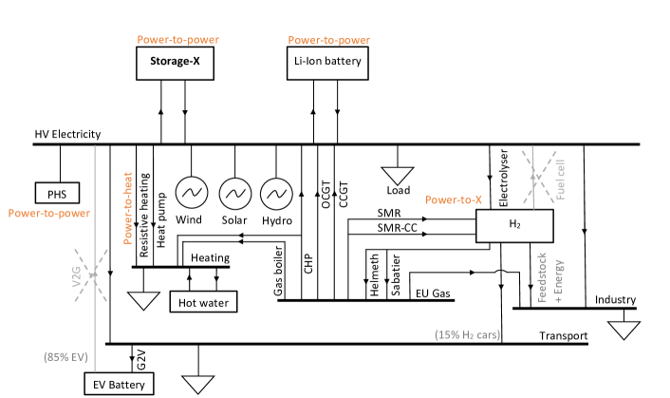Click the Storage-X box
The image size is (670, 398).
[x=176, y=64]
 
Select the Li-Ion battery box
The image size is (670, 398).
[x=326, y=64]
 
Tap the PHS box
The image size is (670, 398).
[x=57, y=193]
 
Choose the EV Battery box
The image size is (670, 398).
[x=119, y=385]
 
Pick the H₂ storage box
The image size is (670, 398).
[x=514, y=225]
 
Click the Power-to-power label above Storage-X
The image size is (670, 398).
[x=177, y=41]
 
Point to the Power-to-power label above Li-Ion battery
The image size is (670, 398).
[x=328, y=41]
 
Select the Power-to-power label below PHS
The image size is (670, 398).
[x=49, y=214]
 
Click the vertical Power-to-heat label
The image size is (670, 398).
[x=128, y=208]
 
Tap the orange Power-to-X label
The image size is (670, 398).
[x=454, y=200]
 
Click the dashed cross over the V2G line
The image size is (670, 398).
[x=93, y=275]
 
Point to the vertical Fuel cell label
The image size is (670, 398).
[x=561, y=177]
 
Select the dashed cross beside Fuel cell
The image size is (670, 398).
[x=534, y=177]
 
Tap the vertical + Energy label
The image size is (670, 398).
[x=559, y=279]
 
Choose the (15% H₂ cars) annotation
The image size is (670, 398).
[x=467, y=335]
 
